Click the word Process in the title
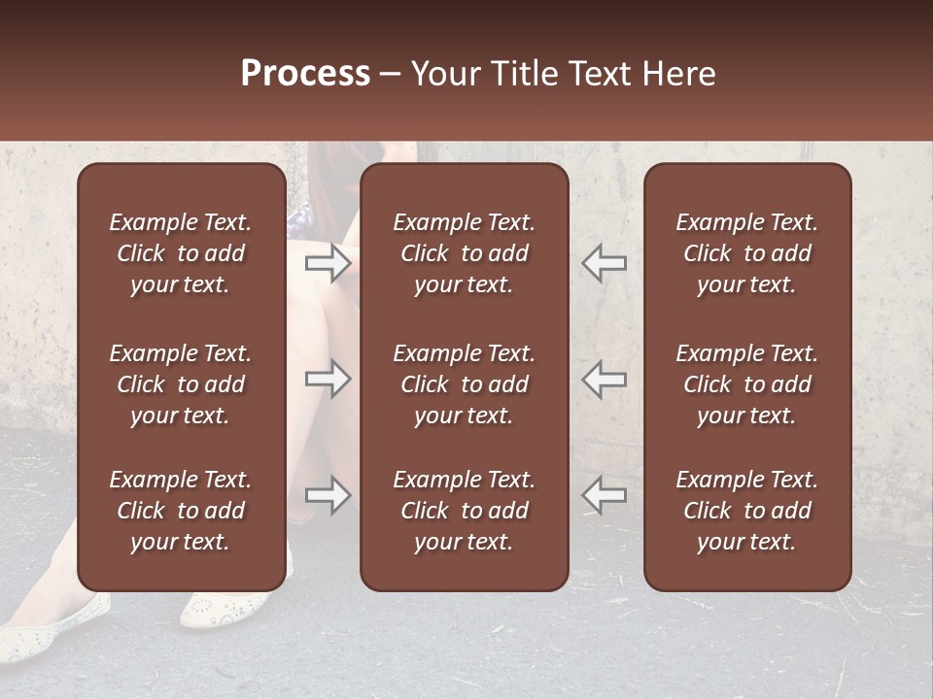pyautogui.click(x=305, y=74)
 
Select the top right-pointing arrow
pyautogui.click(x=328, y=263)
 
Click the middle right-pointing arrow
pyautogui.click(x=328, y=379)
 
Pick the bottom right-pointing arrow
pyautogui.click(x=328, y=495)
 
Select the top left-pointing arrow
pyautogui.click(x=604, y=263)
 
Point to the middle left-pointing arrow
pyautogui.click(x=604, y=379)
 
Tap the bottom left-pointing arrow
pyautogui.click(x=604, y=495)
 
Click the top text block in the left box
pyautogui.click(x=181, y=253)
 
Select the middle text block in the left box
pyautogui.click(x=181, y=384)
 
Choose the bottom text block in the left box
pyautogui.click(x=181, y=511)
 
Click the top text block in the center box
pyautogui.click(x=465, y=253)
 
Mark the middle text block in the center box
pyautogui.click(x=465, y=384)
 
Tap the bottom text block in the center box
pyautogui.click(x=465, y=511)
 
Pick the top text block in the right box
pyautogui.click(x=747, y=253)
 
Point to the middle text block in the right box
pyautogui.click(x=747, y=384)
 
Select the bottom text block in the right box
pyautogui.click(x=747, y=511)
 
